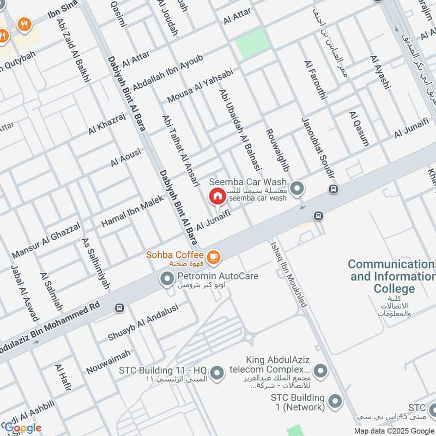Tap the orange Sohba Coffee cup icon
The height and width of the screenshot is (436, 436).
(x=213, y=255)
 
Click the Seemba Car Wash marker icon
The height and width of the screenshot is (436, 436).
(x=297, y=189)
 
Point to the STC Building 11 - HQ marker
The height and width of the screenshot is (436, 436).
(x=217, y=373)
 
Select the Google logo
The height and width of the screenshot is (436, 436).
(x=23, y=428)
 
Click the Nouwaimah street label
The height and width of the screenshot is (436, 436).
(x=108, y=362)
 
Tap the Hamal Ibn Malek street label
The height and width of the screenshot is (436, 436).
(x=132, y=211)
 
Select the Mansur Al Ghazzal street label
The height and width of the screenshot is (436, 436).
(x=46, y=240)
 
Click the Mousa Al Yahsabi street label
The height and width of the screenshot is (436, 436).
(x=200, y=86)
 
